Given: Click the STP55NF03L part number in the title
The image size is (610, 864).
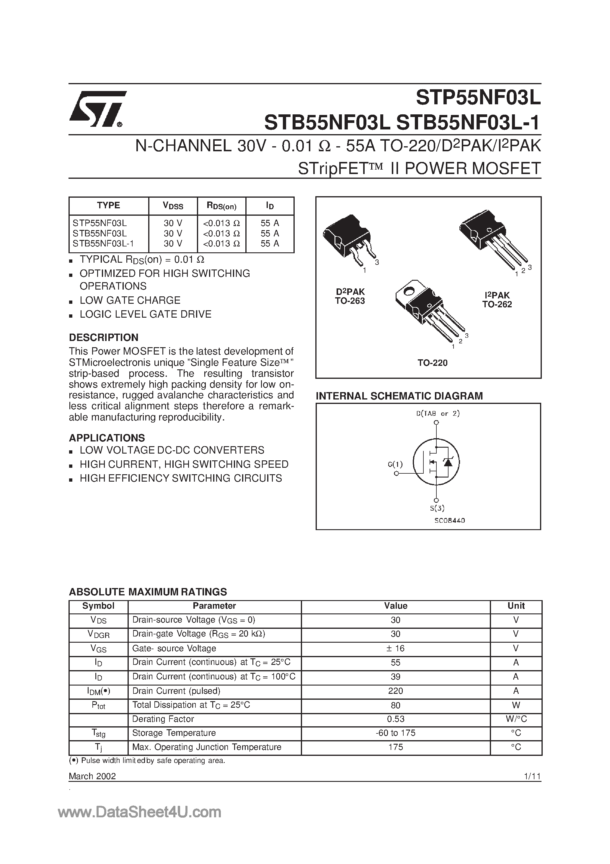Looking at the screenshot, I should coord(478,99).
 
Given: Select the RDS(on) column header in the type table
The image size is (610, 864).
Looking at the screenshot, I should coord(221,206).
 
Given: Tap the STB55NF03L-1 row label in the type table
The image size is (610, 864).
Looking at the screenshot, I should coord(103,244).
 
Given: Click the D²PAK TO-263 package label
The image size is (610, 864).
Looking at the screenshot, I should coord(350,296).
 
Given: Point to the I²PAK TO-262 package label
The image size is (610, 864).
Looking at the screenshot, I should coord(497,300).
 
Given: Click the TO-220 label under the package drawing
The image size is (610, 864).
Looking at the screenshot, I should coord(432,363).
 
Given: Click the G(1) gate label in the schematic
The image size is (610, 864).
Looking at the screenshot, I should coord(395,465).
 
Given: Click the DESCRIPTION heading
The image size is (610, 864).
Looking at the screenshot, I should coord(103,337).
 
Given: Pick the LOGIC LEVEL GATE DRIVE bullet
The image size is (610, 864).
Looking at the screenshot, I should coord(145,314).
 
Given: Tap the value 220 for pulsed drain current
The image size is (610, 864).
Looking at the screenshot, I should coord(395,691).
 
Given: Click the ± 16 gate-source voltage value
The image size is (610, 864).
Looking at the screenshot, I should coord(395,648).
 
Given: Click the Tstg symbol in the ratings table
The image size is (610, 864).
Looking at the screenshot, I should coord(99,733).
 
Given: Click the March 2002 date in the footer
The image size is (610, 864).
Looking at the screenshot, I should coord(92,776).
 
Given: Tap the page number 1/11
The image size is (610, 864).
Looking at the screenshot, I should coord(532,776).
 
